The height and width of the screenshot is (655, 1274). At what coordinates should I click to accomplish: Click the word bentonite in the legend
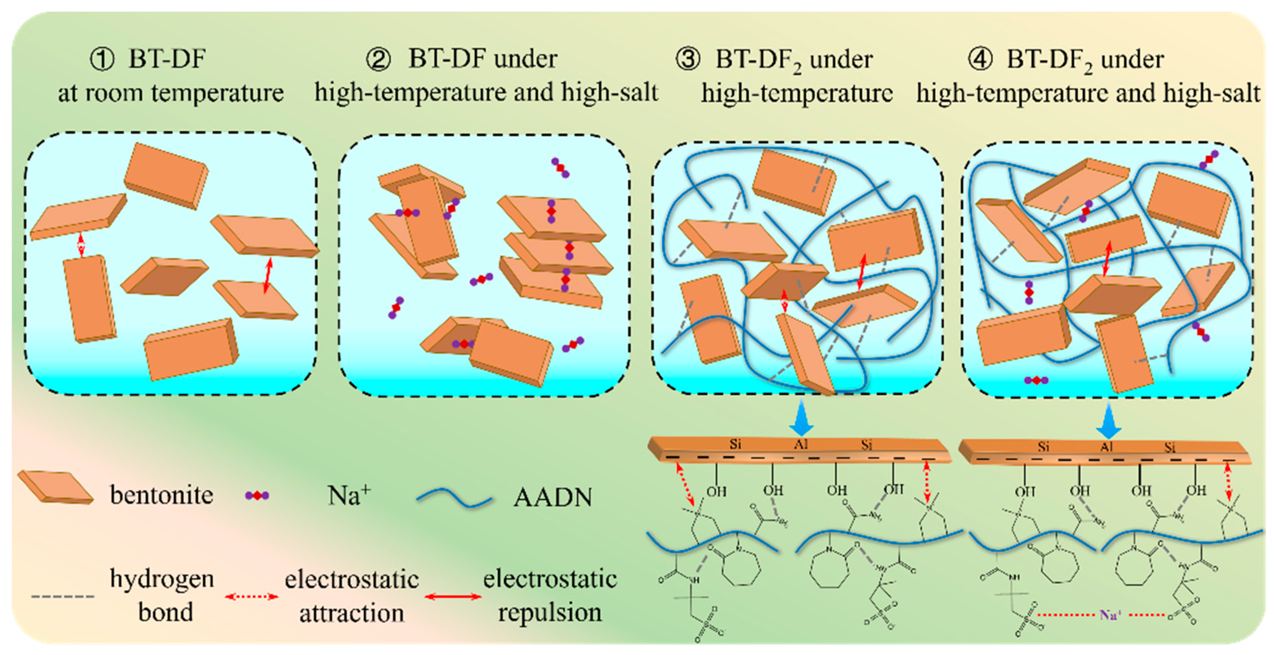point(161,495)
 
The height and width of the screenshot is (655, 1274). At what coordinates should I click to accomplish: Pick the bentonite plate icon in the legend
point(56,487)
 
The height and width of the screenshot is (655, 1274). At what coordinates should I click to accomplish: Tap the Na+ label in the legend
point(349,495)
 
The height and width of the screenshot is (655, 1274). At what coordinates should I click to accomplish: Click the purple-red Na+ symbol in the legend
point(257,496)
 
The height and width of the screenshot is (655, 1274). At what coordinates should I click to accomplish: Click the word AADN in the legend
point(552,497)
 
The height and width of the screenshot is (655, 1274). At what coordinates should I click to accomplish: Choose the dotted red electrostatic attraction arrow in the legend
point(251,597)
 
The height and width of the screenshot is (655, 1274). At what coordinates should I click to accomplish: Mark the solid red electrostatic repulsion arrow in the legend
point(452,597)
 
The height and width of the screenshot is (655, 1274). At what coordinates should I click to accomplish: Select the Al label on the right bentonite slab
point(1106,447)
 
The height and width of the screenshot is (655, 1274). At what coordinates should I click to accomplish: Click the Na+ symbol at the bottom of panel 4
point(1036,380)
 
